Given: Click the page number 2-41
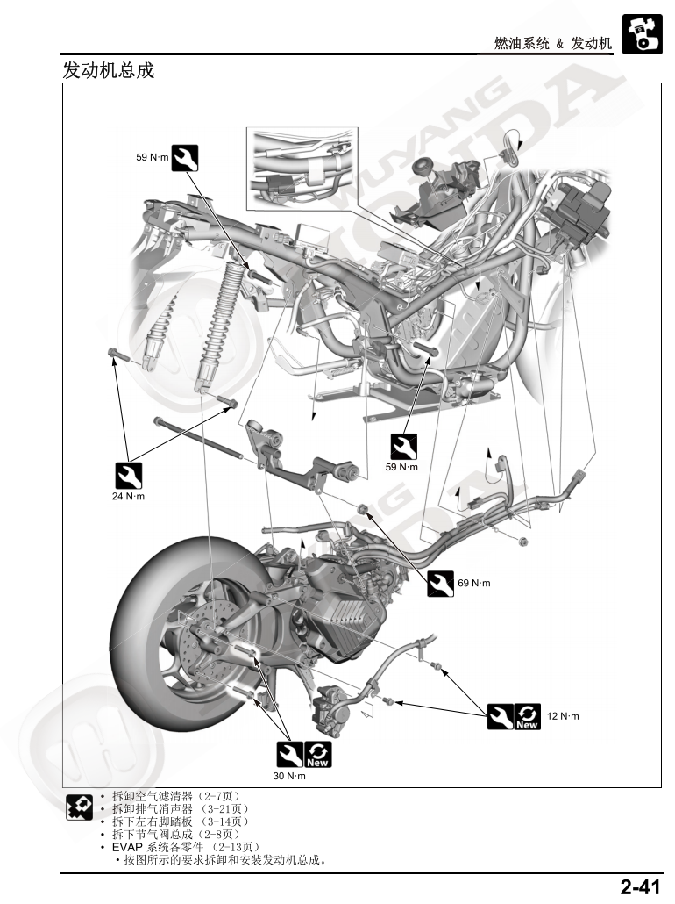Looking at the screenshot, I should tap(640, 887).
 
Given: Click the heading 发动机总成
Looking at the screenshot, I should tap(109, 70).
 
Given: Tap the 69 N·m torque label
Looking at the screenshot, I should tap(474, 583).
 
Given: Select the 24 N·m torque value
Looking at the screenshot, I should tap(128, 497).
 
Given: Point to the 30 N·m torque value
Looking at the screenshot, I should tap(290, 777).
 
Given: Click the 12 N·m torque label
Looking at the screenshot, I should tap(563, 717).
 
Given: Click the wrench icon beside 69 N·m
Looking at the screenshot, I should tap(440, 583).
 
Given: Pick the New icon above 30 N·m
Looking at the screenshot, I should tap(318, 755).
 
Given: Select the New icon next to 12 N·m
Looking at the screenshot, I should tap(528, 717).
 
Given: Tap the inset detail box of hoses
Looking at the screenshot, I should tap(302, 169).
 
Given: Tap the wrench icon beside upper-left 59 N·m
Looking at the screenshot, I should tap(185, 157).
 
